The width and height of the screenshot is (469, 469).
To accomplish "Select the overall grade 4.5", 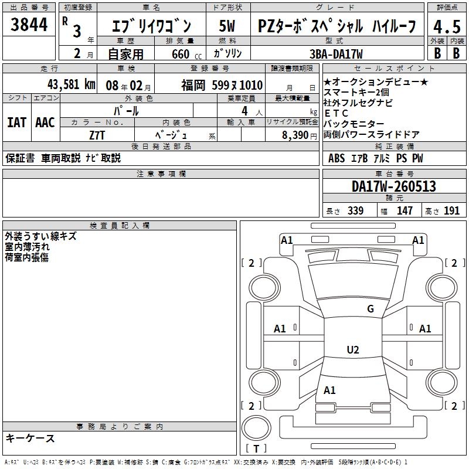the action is [x=446, y=26].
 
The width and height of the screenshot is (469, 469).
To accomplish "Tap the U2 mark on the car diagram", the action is [x=352, y=350].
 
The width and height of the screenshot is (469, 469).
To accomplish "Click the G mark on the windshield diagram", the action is [x=371, y=309].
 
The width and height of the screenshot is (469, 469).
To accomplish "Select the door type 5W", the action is [x=227, y=26].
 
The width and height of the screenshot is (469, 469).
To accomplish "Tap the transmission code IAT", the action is [x=16, y=122].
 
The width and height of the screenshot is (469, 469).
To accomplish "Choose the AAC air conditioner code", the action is [x=45, y=122].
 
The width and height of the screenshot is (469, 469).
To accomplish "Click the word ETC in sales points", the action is [x=336, y=113].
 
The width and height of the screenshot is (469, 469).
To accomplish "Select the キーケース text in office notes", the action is [x=30, y=439].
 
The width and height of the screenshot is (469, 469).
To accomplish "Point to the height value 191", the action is [x=451, y=210].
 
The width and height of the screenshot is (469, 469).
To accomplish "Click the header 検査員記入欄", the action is [x=120, y=225].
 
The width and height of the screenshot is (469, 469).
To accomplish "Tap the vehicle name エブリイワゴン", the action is [x=151, y=26].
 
